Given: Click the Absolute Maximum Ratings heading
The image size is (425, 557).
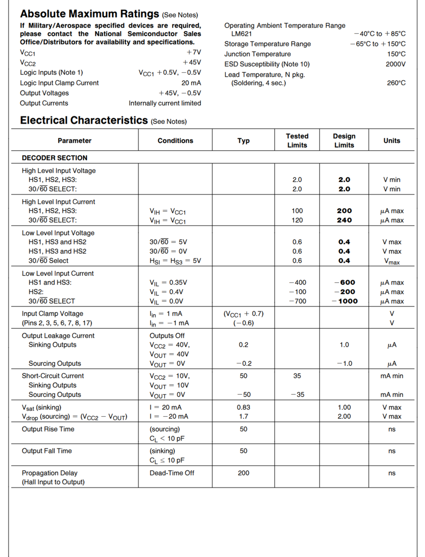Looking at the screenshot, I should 90,14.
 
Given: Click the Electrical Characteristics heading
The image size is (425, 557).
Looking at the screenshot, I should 84,121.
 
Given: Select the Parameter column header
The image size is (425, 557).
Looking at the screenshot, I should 74,141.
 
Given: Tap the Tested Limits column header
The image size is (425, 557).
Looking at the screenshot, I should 297,141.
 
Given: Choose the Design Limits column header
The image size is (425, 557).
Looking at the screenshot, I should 344,141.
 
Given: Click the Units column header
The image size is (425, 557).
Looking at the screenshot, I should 392,141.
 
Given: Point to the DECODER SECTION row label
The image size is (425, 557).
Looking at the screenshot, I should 55,158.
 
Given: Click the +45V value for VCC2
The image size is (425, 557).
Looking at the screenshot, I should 192,62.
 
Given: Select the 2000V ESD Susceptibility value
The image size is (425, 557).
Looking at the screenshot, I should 395,64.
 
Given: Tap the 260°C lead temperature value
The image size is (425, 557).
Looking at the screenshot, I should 396,83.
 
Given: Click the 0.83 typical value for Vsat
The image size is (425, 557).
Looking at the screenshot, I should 244,407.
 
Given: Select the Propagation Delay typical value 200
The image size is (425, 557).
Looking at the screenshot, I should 244,473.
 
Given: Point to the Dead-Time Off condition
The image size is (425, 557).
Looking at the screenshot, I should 172,473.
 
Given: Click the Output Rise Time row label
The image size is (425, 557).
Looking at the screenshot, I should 48,429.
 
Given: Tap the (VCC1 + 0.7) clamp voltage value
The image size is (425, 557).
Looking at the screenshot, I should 244,314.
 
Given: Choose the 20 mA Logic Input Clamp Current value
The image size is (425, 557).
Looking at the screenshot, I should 191,83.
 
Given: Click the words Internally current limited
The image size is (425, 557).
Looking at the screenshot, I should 165,104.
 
